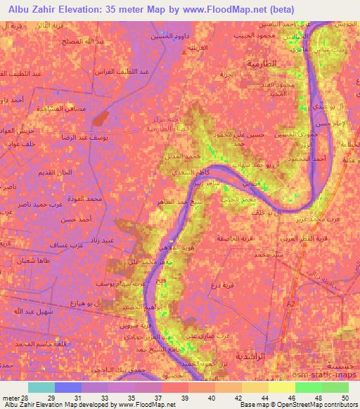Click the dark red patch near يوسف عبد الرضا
pos(101,117)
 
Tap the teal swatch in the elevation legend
pos(41,387)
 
